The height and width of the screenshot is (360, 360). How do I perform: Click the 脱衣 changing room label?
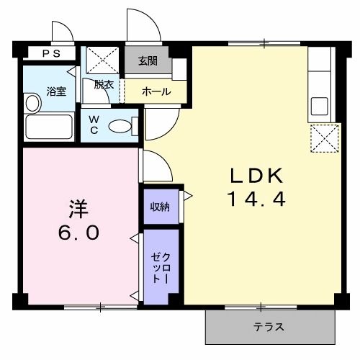click(104, 84)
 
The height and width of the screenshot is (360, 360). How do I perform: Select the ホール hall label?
click(156, 91)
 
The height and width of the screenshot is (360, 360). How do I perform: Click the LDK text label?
click(258, 176)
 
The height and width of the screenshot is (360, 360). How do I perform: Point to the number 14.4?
click(258, 199)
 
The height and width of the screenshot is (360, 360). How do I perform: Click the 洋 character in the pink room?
click(78, 208)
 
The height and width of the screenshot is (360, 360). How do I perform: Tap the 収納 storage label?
click(160, 207)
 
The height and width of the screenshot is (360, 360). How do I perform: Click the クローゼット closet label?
click(160, 267)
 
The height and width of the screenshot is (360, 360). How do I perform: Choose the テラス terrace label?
click(268, 327)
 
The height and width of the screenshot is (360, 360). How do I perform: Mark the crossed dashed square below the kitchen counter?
click(324, 138)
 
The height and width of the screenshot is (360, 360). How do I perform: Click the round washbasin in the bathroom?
click(32, 103)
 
